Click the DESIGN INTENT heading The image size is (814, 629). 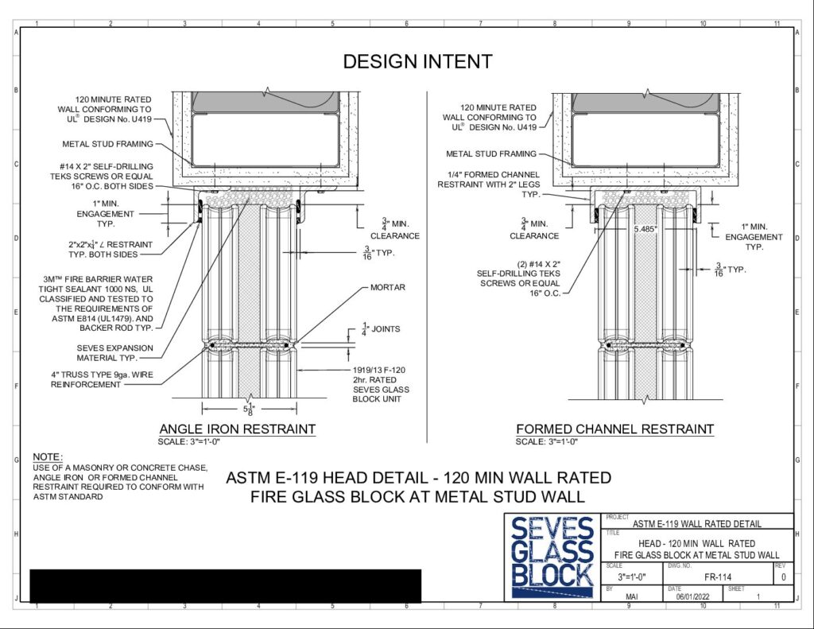coord(417,61)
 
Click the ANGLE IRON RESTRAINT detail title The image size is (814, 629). coord(237,429)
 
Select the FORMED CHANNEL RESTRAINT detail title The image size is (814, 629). coord(614,429)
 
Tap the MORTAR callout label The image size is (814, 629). coord(388,287)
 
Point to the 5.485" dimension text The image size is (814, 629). coord(645,228)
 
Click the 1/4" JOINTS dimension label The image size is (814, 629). coord(381,329)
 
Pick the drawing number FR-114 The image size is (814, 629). coord(718,577)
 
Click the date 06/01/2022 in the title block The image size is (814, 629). coord(692,597)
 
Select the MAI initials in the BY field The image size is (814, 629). coord(632,597)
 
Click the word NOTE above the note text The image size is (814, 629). coord(47,457)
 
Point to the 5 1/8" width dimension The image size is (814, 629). coord(249,409)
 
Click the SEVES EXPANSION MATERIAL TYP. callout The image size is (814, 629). coord(114,353)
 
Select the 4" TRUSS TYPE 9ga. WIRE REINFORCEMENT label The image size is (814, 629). coord(102,379)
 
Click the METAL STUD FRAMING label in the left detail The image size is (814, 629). coord(108,144)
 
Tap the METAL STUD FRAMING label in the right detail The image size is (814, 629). coord(491,153)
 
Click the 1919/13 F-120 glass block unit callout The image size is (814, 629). coord(381,384)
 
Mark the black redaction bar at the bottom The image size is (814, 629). coord(225,586)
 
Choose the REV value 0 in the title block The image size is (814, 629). coord(783,577)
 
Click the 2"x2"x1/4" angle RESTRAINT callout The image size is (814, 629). coord(110,250)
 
